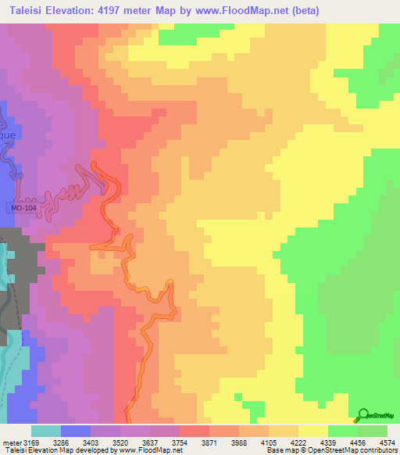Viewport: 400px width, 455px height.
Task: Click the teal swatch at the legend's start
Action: point(45,431)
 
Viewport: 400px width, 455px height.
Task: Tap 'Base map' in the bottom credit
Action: point(280,450)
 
